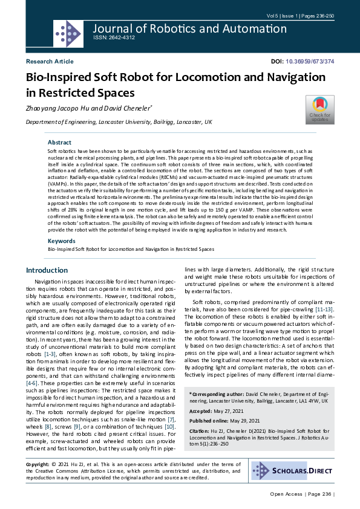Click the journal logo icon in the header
tap(68, 33)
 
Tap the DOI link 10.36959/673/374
tap(310, 62)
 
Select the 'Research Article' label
tap(49, 62)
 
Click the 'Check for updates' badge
tap(319, 109)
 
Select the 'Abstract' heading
tap(59, 142)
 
